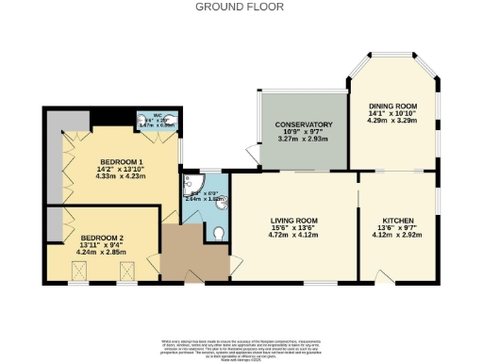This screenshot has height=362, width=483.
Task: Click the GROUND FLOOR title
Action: click(x=241, y=6)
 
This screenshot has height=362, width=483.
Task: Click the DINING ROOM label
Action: click(x=391, y=106)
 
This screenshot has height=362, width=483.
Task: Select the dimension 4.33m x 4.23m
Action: click(x=119, y=174)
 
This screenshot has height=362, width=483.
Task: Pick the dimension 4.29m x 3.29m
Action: click(x=391, y=123)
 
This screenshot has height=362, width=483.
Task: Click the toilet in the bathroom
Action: click(x=218, y=234)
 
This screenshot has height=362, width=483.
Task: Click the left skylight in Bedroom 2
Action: click(x=81, y=271)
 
